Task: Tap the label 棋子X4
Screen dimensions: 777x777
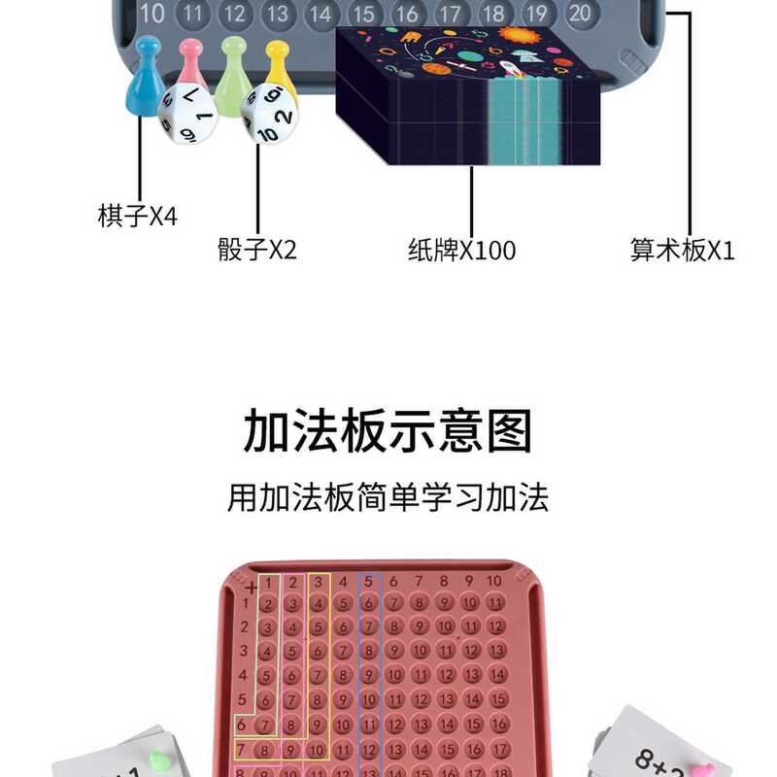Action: click(138, 215)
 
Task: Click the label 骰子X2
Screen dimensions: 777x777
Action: click(257, 250)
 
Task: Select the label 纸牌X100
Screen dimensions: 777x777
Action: click(461, 250)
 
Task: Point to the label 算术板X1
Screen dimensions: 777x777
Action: click(683, 250)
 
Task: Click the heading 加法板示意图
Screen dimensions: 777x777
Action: click(388, 432)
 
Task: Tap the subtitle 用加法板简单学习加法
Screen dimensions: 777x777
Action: click(388, 498)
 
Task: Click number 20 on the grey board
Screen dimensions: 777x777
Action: click(580, 13)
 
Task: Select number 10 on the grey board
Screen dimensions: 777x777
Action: click(152, 13)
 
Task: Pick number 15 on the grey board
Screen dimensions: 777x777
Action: click(363, 13)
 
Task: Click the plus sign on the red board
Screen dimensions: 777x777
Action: click(251, 587)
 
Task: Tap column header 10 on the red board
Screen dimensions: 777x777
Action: click(494, 581)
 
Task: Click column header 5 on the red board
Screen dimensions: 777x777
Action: click(368, 581)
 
